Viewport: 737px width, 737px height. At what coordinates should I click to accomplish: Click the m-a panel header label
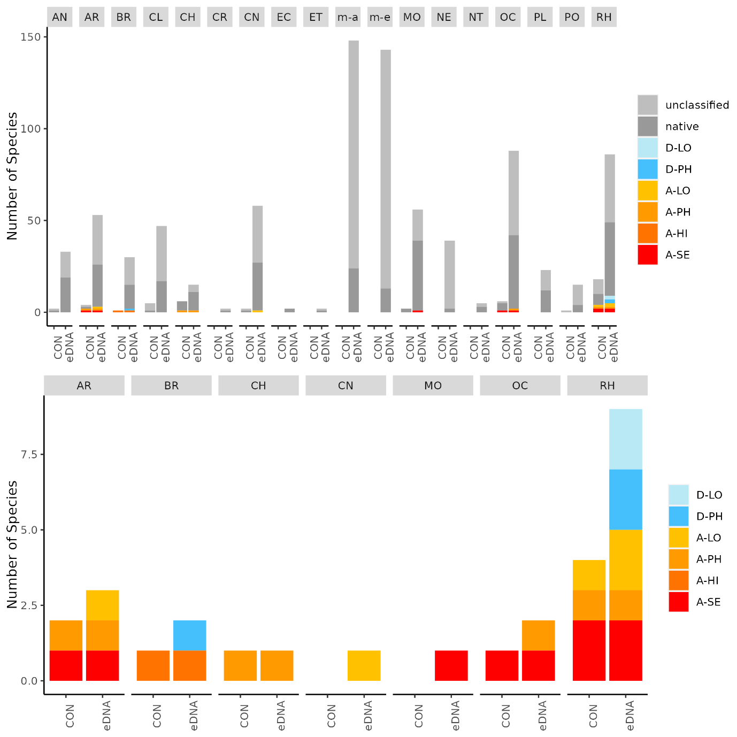[348, 17]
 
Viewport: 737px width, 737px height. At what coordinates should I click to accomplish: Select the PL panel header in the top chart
[540, 17]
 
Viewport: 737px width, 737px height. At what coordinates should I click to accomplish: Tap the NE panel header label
[444, 17]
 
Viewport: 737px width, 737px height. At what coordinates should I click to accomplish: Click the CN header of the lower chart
[346, 386]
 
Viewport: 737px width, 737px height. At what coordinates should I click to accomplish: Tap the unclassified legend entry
[697, 105]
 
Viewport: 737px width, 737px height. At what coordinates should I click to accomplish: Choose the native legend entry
[682, 126]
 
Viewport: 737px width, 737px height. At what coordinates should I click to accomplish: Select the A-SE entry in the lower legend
[708, 602]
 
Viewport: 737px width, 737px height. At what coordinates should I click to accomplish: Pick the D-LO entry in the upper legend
[678, 148]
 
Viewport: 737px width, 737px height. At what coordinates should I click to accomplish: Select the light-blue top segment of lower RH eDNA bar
[626, 439]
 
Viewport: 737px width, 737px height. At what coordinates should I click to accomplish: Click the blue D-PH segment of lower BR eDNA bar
[190, 635]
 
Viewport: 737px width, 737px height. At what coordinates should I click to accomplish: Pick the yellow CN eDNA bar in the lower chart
[364, 665]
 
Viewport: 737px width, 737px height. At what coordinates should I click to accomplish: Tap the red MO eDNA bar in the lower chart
[451, 665]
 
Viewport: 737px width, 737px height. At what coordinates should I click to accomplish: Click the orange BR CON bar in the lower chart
[153, 665]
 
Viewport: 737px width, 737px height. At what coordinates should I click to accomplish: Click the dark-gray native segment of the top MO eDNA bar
[418, 275]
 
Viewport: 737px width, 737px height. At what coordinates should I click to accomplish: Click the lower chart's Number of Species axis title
[12, 544]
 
